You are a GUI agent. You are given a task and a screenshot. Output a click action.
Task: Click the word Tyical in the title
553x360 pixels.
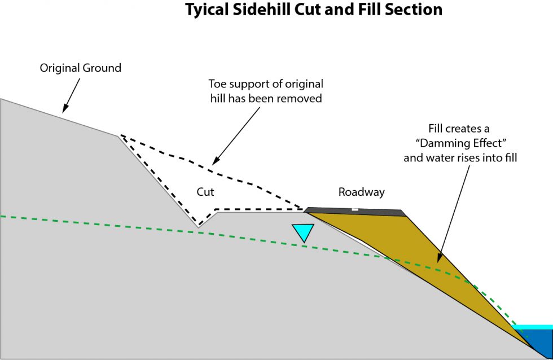[208, 10]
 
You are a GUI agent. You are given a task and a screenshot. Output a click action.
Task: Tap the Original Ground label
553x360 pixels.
[80, 68]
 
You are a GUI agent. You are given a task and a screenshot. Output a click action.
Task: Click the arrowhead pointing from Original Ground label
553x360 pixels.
[65, 109]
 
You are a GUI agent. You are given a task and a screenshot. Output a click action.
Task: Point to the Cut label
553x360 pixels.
[205, 192]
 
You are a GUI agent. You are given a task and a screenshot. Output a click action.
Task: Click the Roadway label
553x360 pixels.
[361, 192]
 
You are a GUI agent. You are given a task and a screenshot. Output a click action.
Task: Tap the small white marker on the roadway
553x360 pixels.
[354, 209]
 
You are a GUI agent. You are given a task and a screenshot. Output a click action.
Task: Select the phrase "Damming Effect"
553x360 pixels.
[460, 143]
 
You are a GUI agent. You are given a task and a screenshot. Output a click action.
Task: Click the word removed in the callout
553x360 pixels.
[302, 98]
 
